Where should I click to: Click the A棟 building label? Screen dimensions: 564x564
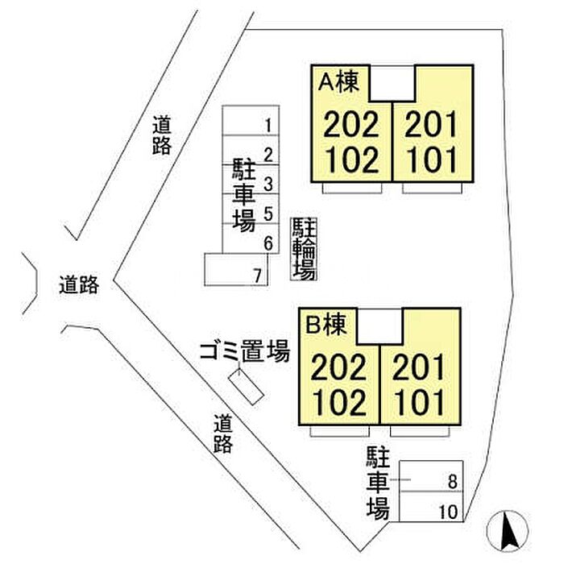coord(339,82)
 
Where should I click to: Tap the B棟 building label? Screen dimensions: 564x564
coord(326,325)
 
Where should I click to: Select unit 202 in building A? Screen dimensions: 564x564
coord(351,124)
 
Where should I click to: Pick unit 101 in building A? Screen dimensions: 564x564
coord(432,160)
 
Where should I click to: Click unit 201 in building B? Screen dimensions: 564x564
coord(419,367)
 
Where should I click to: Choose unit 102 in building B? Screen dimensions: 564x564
coord(339,403)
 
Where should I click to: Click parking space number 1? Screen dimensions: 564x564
coord(268,126)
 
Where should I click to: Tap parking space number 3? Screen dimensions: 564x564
coord(268,185)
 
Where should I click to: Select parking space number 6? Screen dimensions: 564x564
coord(268,244)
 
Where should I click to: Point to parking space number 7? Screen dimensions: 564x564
coord(258,276)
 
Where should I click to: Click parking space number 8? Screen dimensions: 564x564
coord(453,482)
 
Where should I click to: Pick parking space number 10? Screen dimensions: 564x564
coord(448,512)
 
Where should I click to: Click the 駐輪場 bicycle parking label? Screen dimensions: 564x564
coord(304,249)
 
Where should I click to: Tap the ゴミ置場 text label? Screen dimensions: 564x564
coord(245,352)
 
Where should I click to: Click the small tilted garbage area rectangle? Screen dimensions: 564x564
coord(247,387)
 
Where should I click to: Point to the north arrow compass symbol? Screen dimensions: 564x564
coord(508,531)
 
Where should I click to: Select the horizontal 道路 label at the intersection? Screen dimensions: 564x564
coord(79,285)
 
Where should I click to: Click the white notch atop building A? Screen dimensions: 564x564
coord(392,83)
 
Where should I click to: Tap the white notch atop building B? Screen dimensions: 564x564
coord(379,326)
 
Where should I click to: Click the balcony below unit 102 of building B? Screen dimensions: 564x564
coord(340,431)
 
